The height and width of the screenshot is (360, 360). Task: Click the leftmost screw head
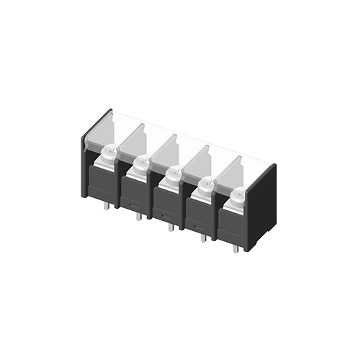pyautogui.click(x=109, y=152)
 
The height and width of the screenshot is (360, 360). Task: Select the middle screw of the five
pyautogui.click(x=174, y=174)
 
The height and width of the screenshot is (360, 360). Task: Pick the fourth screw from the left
pyautogui.click(x=206, y=185)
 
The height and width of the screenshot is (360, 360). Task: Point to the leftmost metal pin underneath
pyautogui.click(x=107, y=206)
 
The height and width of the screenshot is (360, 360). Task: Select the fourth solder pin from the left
pyautogui.click(x=203, y=237)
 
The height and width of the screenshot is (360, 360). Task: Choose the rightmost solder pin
pyautogui.click(x=235, y=248)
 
